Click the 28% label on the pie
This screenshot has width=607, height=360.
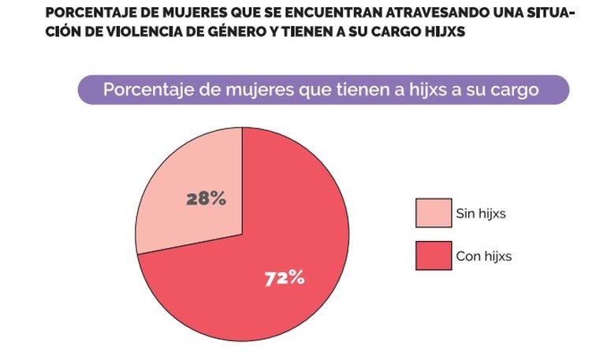tap(206, 199)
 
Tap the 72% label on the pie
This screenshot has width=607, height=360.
tap(284, 277)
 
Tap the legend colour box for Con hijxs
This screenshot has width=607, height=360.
tap(434, 256)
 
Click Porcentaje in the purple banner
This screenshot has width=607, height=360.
tap(143, 90)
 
